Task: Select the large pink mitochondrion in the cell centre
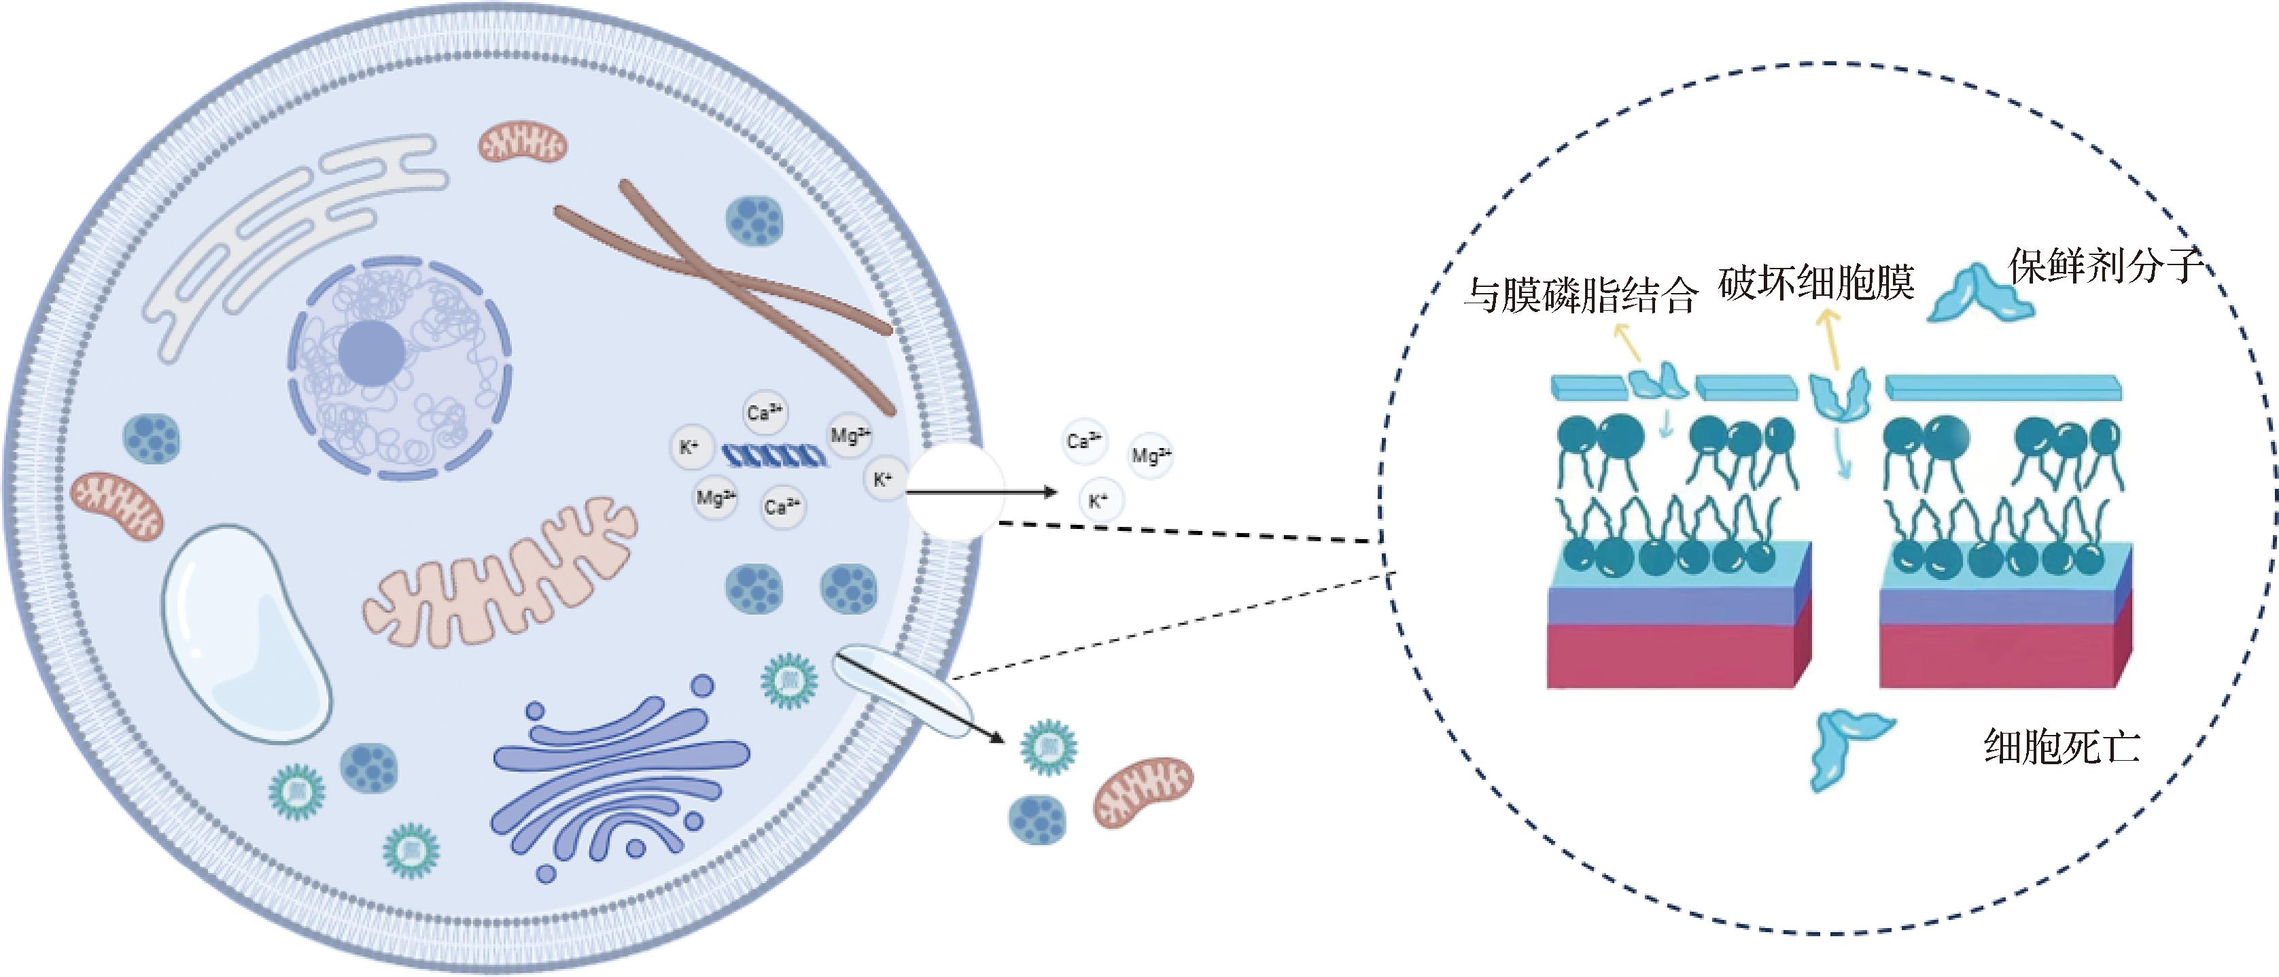tap(500, 575)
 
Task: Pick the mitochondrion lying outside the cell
tap(1143, 790)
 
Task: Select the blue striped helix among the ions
tap(775, 456)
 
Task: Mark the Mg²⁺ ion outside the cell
tap(1150, 456)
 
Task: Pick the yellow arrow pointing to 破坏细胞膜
tap(1830, 341)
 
